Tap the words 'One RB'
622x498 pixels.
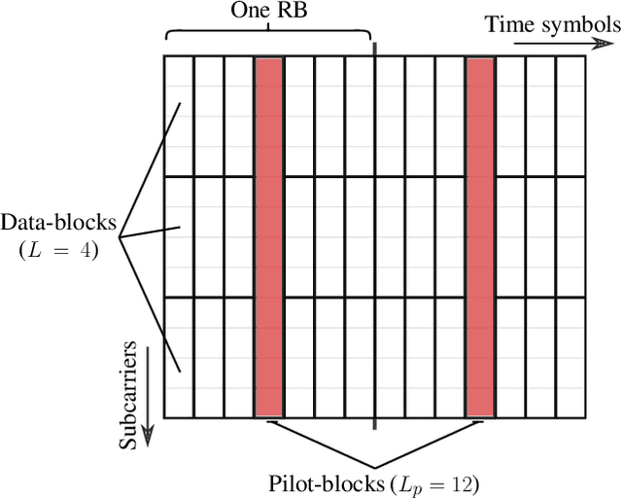268,12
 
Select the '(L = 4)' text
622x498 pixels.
59,249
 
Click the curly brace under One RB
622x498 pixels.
268,36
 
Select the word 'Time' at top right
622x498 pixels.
508,24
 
